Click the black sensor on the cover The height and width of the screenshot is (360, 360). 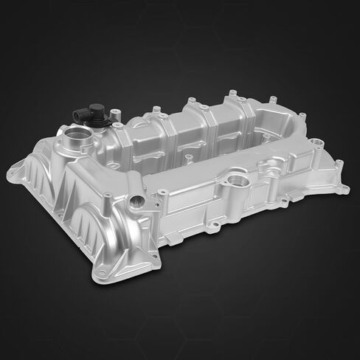86,116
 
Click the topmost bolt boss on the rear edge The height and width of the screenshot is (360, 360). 232,94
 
